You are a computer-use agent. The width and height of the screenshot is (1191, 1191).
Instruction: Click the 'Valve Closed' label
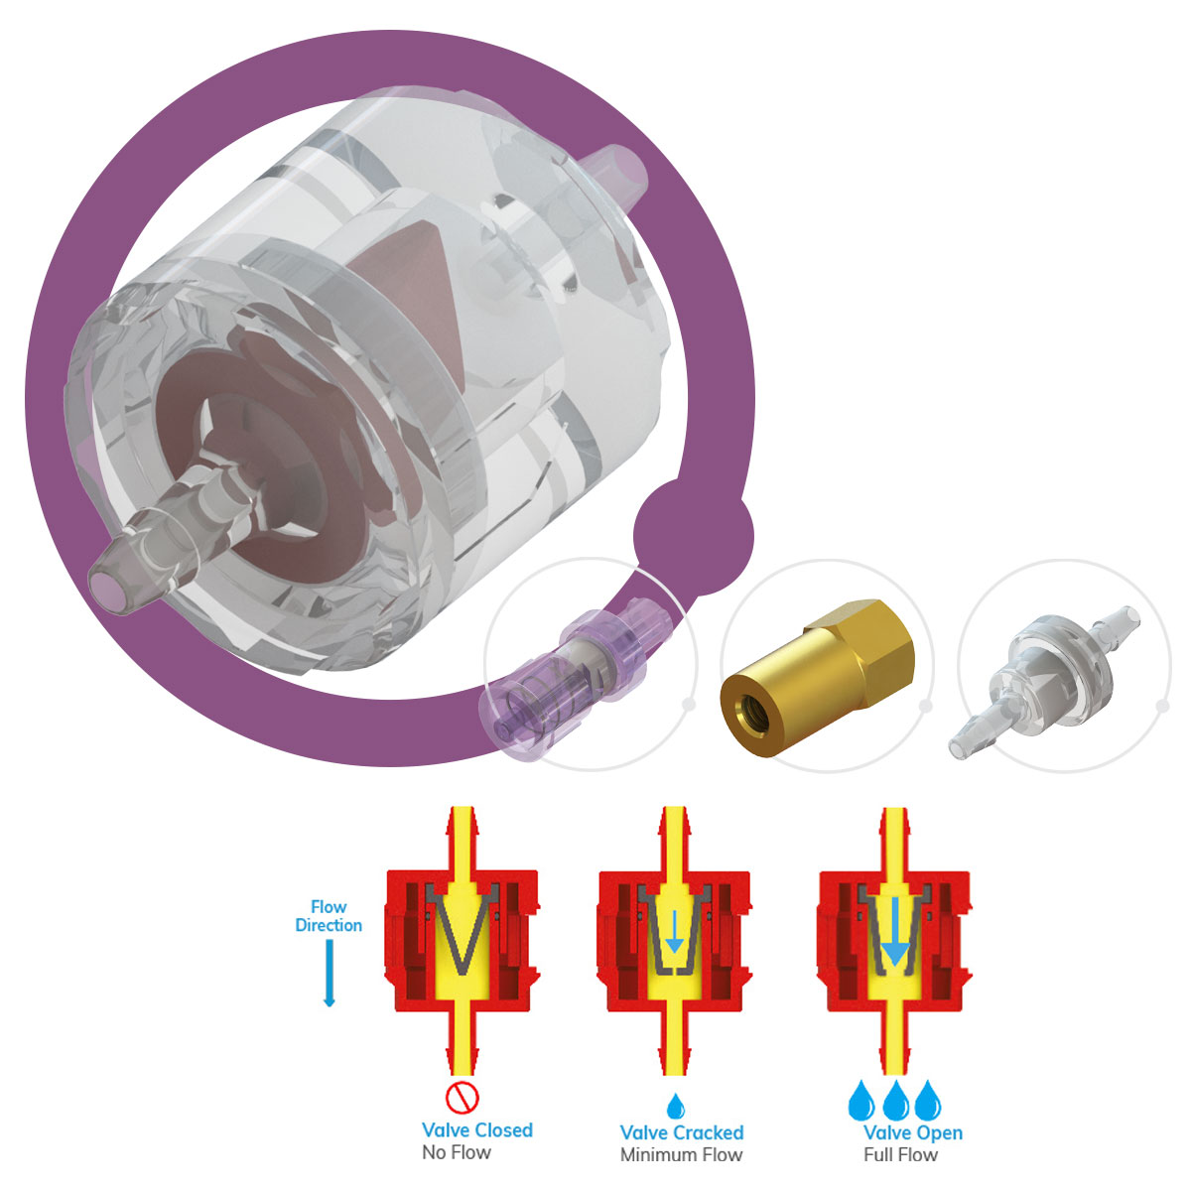click(x=477, y=1129)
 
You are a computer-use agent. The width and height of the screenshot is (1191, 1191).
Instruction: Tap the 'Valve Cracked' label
click(x=682, y=1132)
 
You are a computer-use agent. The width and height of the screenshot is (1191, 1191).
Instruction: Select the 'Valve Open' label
click(x=913, y=1132)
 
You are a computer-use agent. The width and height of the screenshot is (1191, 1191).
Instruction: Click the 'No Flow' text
click(x=457, y=1152)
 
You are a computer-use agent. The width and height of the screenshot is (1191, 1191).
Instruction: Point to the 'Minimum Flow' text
click(x=681, y=1154)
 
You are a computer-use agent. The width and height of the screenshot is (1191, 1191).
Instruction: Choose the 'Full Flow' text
click(x=900, y=1154)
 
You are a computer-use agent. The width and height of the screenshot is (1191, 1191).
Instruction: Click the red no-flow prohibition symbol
click(x=463, y=1097)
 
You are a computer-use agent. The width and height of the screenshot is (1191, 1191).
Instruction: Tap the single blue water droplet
click(x=676, y=1106)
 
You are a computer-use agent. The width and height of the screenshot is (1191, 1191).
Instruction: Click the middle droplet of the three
click(x=895, y=1100)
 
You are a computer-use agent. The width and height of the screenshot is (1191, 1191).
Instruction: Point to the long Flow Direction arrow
click(x=330, y=973)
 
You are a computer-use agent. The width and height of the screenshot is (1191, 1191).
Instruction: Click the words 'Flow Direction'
click(x=329, y=916)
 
